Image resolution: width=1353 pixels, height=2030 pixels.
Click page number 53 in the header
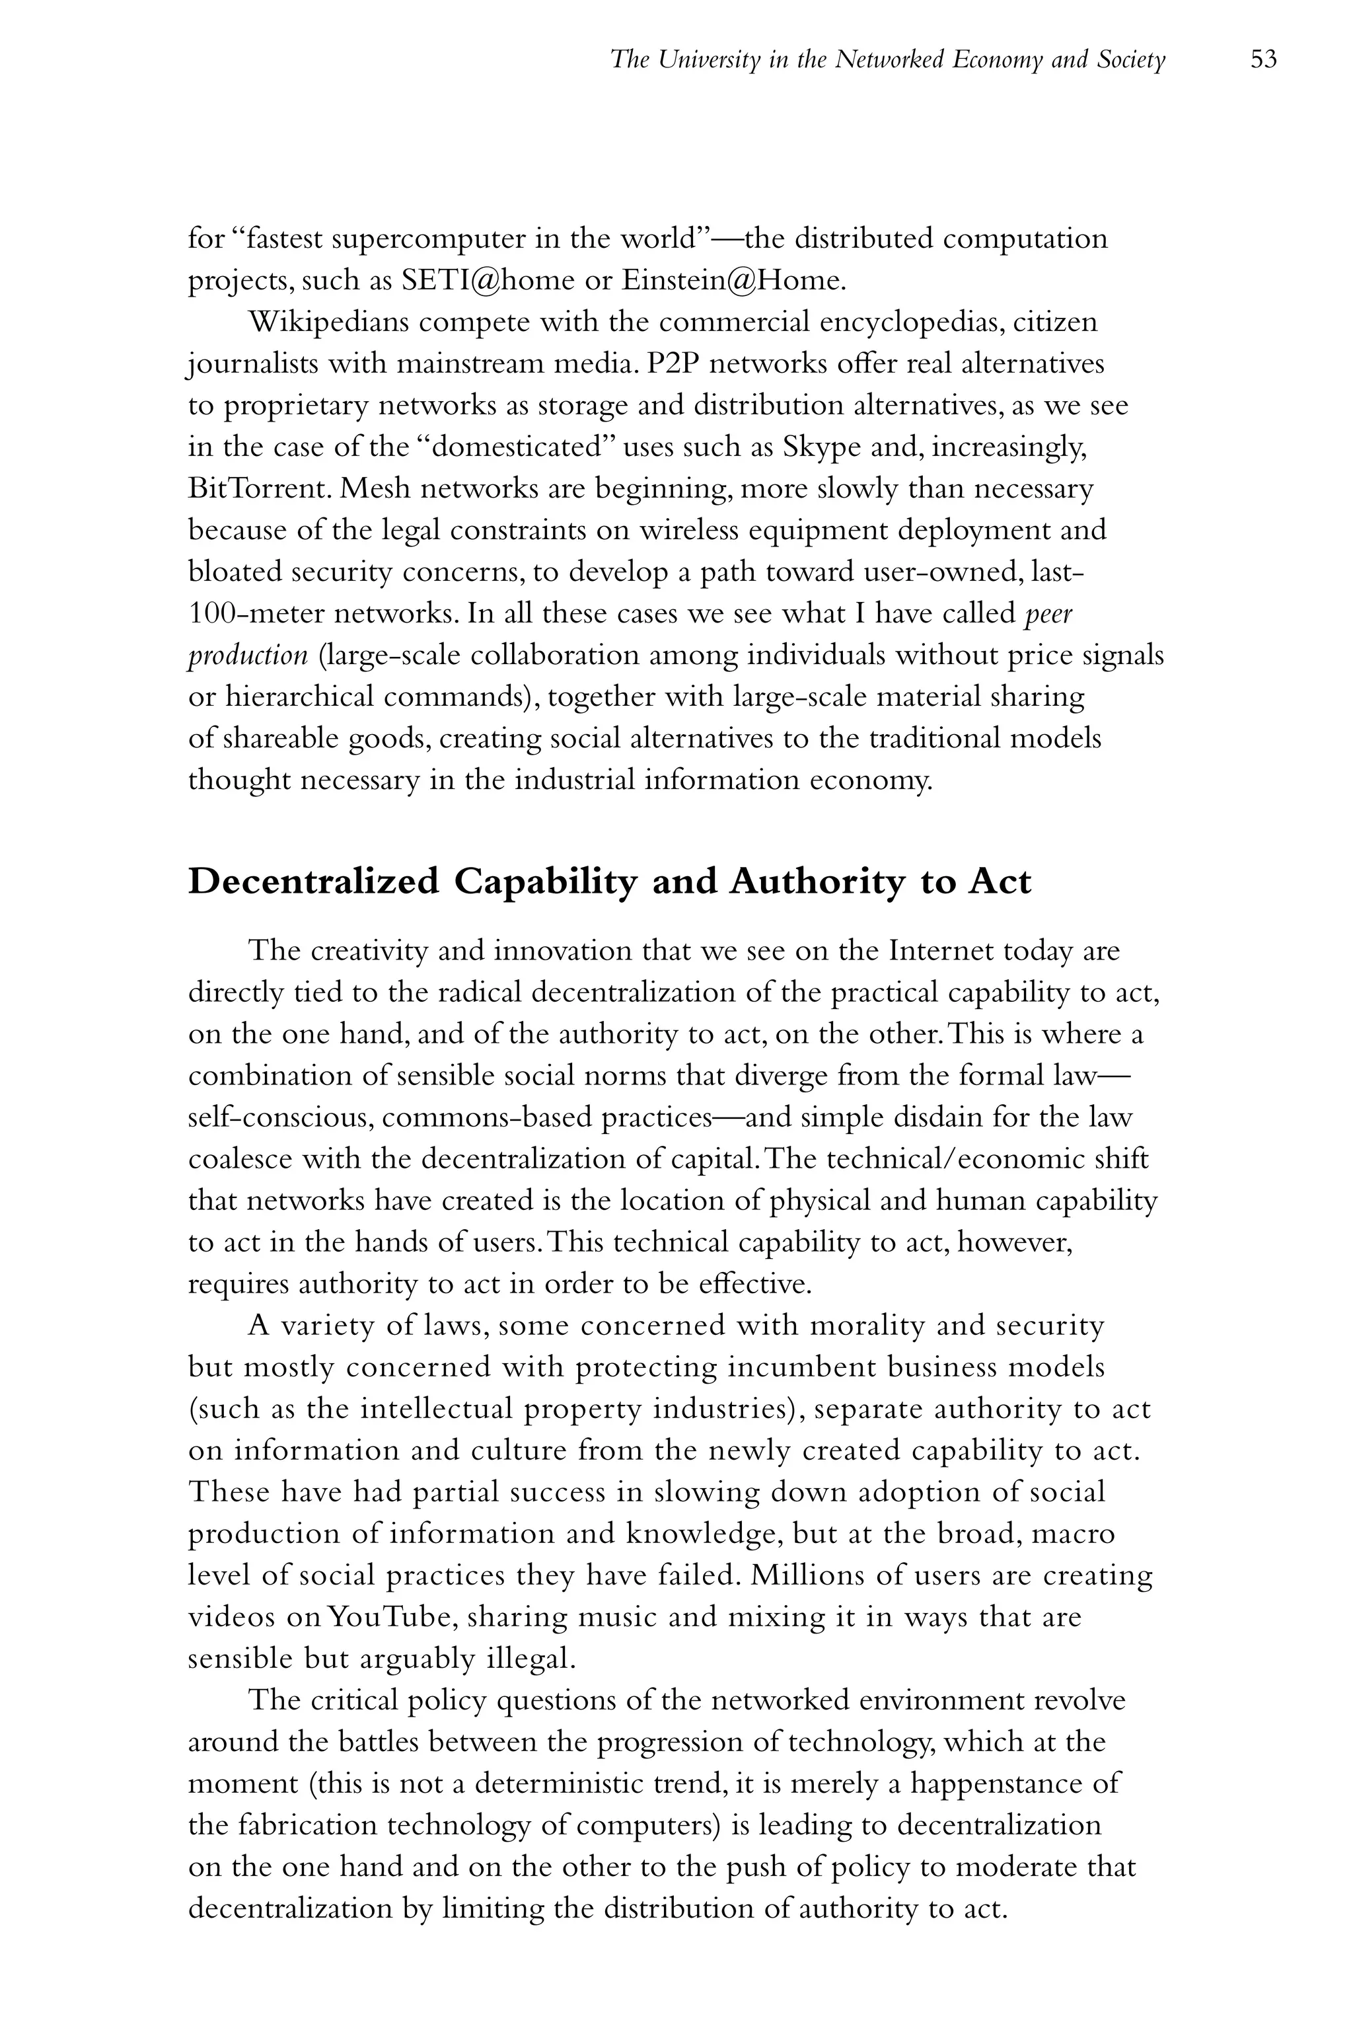coord(1263,59)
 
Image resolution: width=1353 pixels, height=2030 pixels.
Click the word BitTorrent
coord(259,488)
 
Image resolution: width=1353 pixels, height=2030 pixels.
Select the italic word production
coord(248,655)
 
